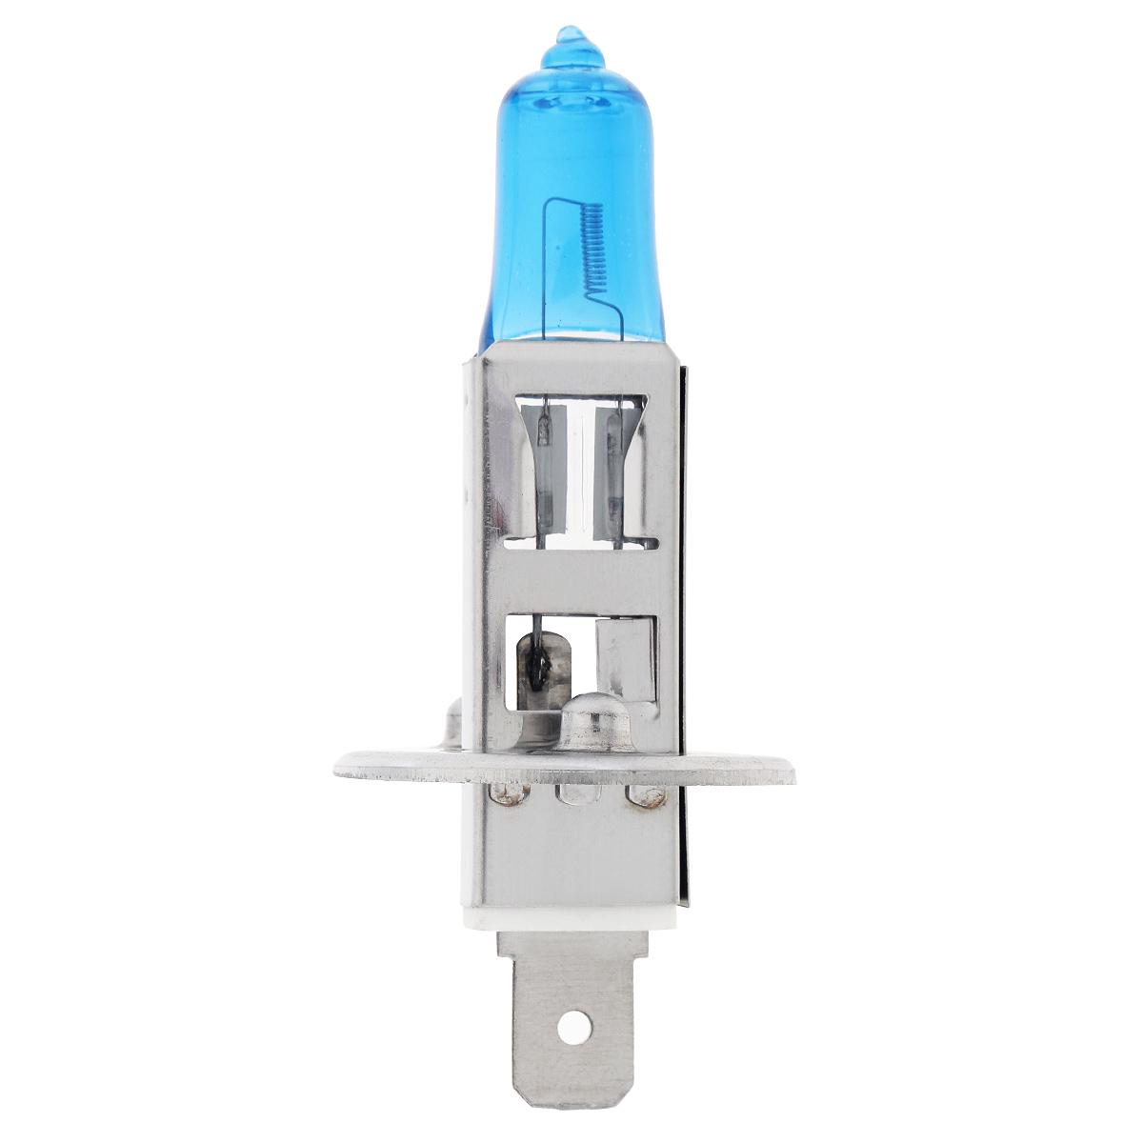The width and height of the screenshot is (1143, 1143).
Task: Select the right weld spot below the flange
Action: (634, 794)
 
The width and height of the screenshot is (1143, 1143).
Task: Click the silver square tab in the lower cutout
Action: (624, 657)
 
